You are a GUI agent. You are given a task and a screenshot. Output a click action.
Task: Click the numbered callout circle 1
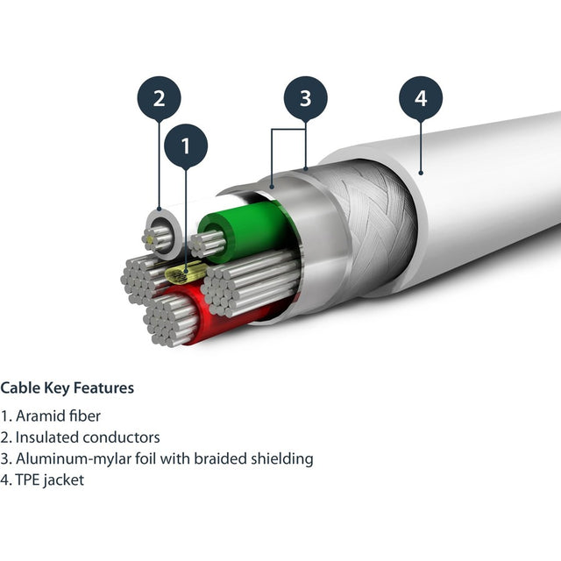click(x=186, y=146)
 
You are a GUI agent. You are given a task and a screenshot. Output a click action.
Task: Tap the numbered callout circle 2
click(x=159, y=99)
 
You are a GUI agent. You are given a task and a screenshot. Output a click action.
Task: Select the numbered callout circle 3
click(x=305, y=99)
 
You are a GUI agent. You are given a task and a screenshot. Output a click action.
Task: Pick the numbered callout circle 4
click(x=421, y=99)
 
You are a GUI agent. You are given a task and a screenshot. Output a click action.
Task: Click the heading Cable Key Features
click(x=67, y=387)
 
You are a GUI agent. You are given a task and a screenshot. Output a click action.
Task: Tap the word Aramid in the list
click(x=39, y=415)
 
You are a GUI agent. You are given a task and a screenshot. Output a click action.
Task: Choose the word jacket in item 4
click(x=64, y=480)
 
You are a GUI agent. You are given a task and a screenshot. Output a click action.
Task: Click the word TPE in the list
click(x=27, y=480)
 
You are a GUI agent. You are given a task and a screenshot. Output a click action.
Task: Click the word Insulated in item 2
click(x=46, y=437)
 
